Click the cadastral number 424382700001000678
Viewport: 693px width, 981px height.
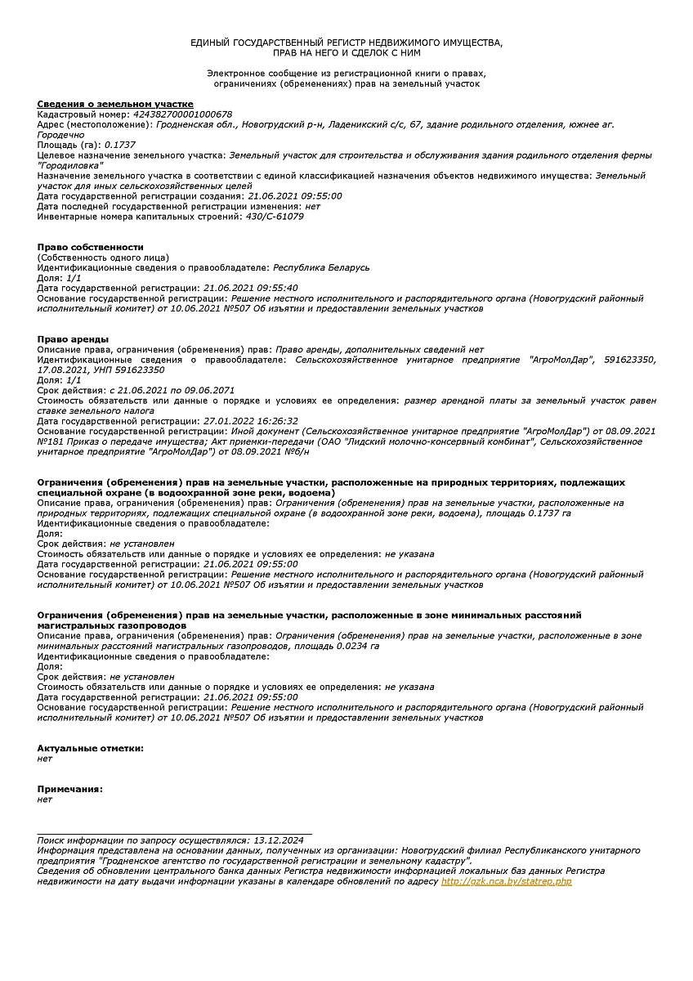(176, 114)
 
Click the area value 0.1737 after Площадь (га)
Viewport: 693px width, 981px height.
(120, 145)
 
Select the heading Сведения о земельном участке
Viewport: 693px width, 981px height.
(115, 104)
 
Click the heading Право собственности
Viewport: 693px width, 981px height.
(91, 247)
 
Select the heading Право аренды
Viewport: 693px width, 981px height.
(74, 339)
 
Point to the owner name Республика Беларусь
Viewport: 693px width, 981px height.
(321, 267)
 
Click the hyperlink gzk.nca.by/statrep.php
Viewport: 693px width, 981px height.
(507, 881)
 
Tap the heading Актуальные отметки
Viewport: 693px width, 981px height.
(91, 748)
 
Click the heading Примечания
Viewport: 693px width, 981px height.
(70, 789)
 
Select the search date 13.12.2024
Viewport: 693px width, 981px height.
(279, 840)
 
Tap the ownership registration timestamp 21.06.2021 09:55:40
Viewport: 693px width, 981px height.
(251, 288)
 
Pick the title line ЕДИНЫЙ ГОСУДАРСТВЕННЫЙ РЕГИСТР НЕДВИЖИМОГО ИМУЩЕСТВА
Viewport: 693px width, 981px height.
(346, 42)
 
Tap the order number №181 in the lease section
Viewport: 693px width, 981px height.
(51, 441)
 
